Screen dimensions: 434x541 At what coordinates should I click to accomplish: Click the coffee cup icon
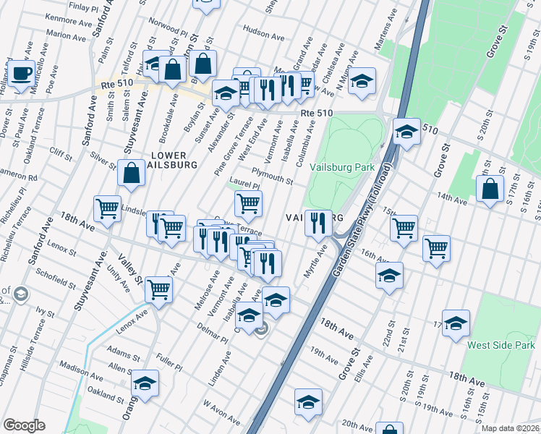pos(21,73)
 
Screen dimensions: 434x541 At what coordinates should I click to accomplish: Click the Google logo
pos(24,425)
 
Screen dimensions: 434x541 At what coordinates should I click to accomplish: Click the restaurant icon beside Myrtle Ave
pos(318,223)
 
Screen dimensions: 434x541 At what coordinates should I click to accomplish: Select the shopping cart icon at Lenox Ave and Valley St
pos(158,289)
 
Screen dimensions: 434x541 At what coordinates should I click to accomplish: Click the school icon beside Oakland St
pos(145,383)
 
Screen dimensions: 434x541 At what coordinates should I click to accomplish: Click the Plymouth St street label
pos(272,176)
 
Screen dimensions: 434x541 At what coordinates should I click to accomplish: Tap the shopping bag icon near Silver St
pos(131,174)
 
